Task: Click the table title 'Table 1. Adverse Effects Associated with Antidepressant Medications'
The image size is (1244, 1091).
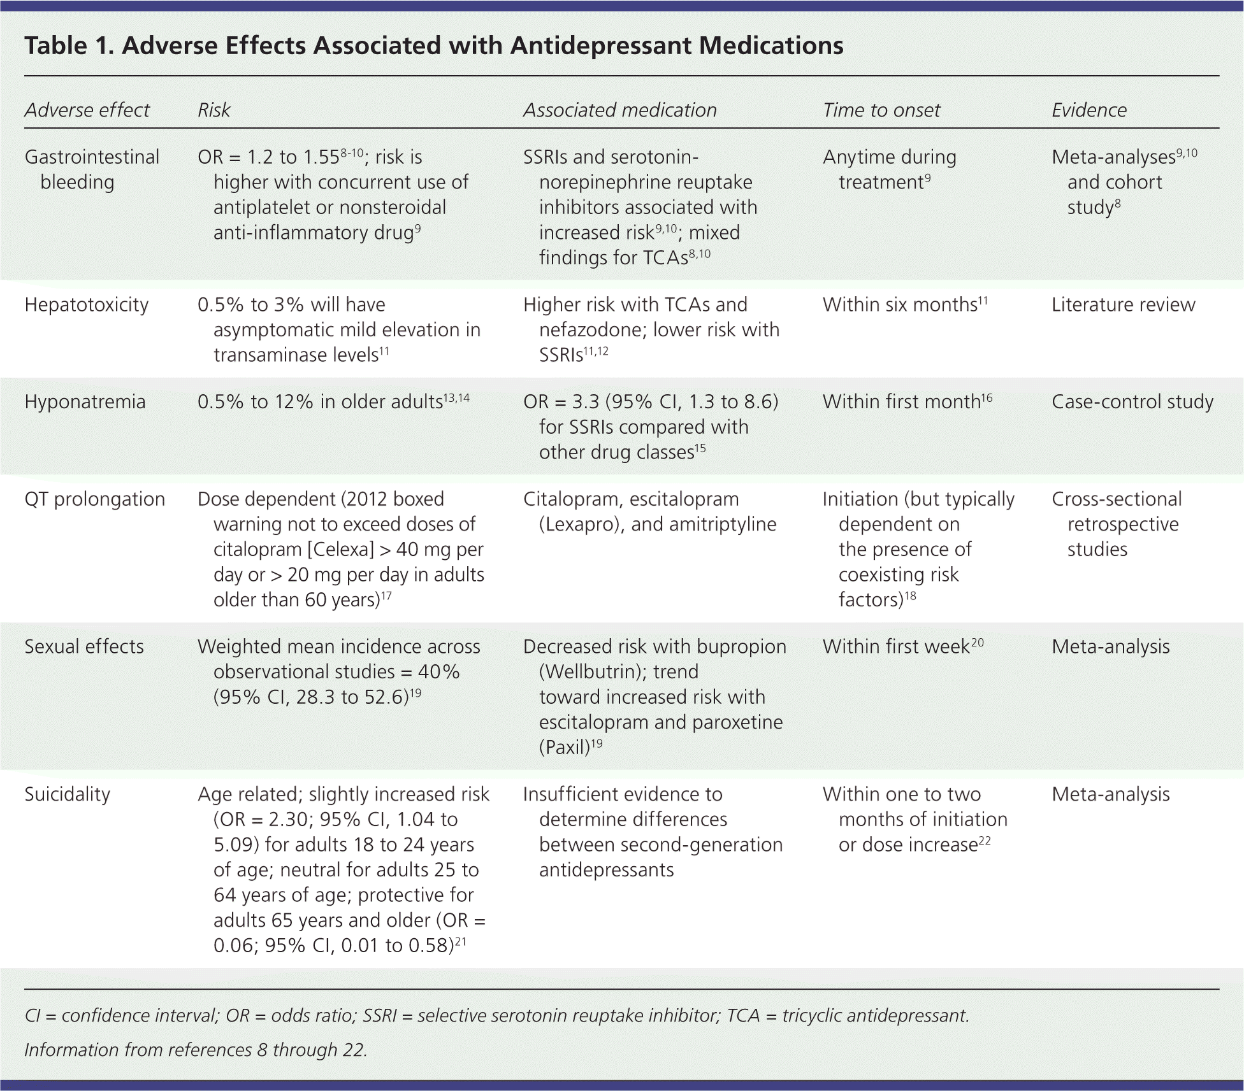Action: coord(433,46)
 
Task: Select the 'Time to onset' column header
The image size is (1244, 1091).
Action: coord(881,110)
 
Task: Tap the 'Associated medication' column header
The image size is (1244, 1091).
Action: coord(619,110)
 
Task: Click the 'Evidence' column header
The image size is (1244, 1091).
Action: coord(1088,110)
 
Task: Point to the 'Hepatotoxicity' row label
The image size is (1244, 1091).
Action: coord(86,304)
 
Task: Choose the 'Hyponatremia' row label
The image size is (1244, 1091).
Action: coord(85,402)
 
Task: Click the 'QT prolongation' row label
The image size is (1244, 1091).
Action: coord(94,499)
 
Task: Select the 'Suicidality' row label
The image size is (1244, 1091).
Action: coord(67,794)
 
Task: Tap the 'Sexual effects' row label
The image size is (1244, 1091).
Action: coord(83,646)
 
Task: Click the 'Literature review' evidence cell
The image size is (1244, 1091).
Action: coord(1123,304)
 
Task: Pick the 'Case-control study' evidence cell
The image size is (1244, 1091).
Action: coord(1132,402)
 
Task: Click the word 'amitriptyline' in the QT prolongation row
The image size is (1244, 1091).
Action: coord(720,524)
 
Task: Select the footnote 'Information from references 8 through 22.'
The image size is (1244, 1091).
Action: coord(196,1050)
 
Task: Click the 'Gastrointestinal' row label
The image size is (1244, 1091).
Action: coord(92,157)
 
